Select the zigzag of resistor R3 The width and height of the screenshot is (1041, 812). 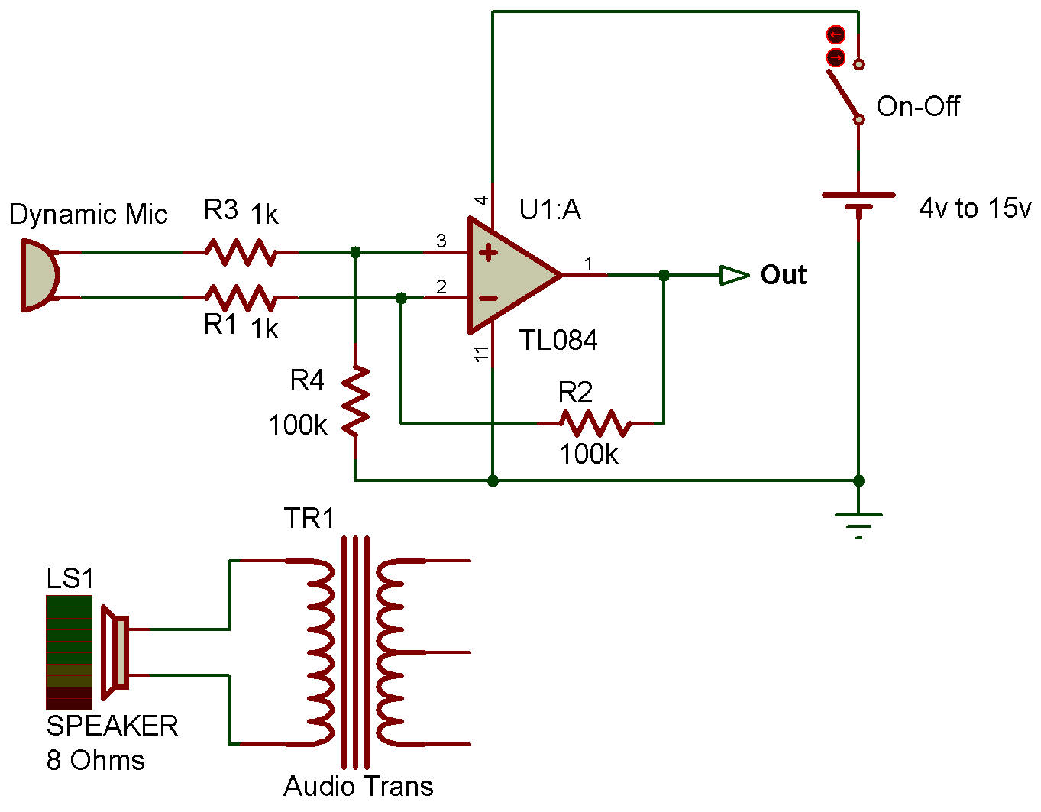click(x=241, y=251)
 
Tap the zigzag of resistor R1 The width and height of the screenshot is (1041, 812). click(x=241, y=297)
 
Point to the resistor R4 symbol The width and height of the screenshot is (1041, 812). click(x=355, y=401)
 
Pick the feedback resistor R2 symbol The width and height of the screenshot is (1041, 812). click(x=595, y=422)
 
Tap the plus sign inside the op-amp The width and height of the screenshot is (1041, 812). click(x=489, y=253)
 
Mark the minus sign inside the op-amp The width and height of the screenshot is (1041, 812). click(x=489, y=299)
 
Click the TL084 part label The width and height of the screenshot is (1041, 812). click(x=558, y=341)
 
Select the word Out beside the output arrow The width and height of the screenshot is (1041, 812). click(x=784, y=275)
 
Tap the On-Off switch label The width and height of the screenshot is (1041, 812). click(x=917, y=106)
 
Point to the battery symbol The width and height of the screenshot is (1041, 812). click(x=858, y=201)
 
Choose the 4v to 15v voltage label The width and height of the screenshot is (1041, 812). click(x=975, y=208)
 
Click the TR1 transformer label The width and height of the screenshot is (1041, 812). click(x=309, y=519)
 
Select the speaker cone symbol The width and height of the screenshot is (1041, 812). click(x=115, y=652)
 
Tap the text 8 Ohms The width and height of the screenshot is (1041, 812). click(x=95, y=761)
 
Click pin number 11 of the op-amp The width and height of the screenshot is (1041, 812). click(x=482, y=354)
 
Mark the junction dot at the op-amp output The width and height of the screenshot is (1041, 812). click(x=664, y=275)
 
